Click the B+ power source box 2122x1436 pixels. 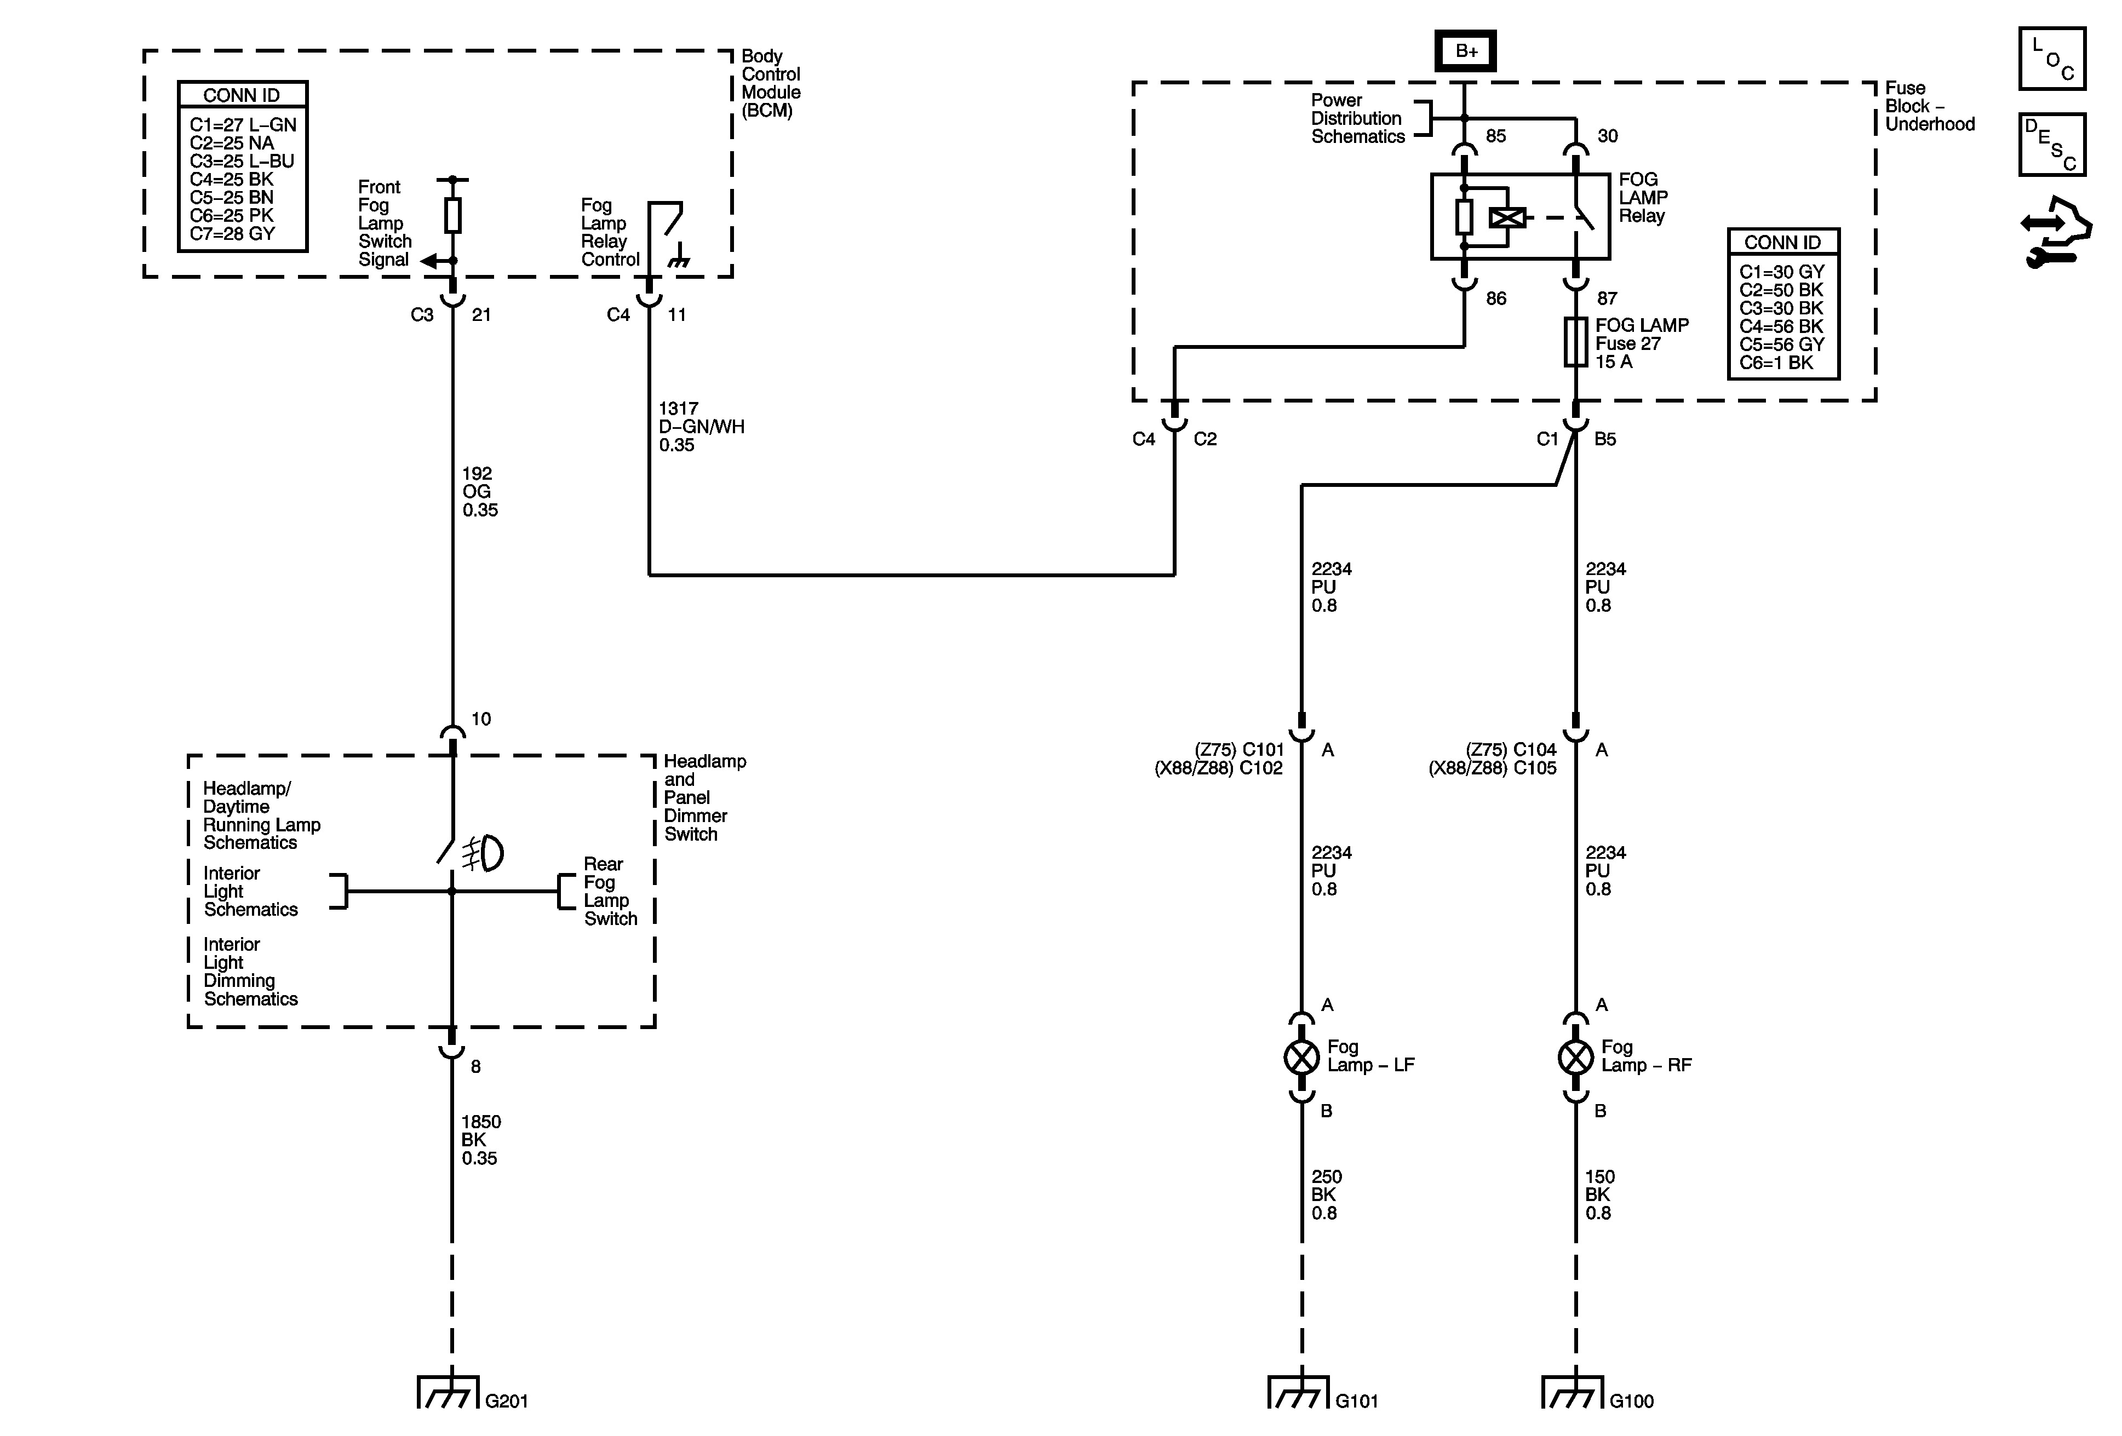(1465, 51)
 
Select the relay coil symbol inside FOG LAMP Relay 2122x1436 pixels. (1506, 217)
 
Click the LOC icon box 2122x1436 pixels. (2052, 59)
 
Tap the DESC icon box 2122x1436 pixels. (2052, 144)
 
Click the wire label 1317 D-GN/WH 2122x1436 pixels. (701, 426)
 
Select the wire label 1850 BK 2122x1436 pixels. (480, 1139)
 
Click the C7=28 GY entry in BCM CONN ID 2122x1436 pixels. (232, 234)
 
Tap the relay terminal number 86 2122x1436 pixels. (1495, 298)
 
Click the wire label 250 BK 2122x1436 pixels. (1326, 1194)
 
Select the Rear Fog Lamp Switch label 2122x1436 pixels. (610, 891)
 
